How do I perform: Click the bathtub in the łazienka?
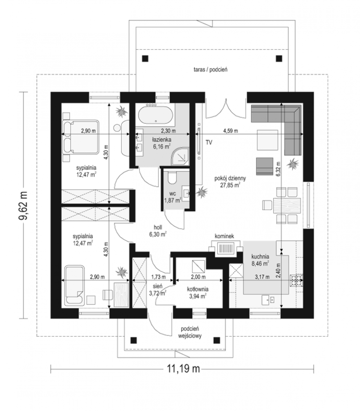pos(155,115)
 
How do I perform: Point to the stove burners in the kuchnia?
pos(296,280)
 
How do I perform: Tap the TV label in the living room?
pos(209,142)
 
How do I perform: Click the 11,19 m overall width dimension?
pos(183,369)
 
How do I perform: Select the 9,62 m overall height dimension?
pos(23,205)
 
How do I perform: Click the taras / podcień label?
pos(211,70)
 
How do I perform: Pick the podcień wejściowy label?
pos(190,335)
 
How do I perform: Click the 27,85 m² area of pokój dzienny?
pos(230,185)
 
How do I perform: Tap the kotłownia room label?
pos(198,289)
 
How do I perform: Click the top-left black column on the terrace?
pos(145,59)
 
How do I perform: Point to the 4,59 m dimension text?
pos(230,131)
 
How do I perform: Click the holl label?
pos(158,227)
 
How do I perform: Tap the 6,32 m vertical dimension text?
pos(278,169)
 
